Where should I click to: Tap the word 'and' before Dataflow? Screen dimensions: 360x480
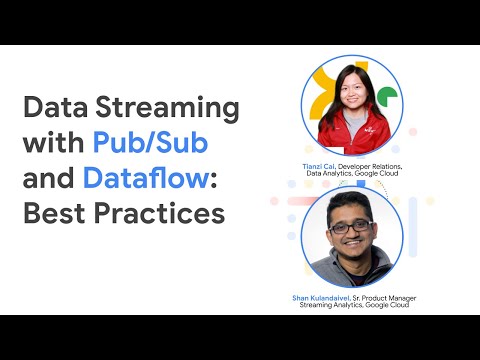[49, 178]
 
